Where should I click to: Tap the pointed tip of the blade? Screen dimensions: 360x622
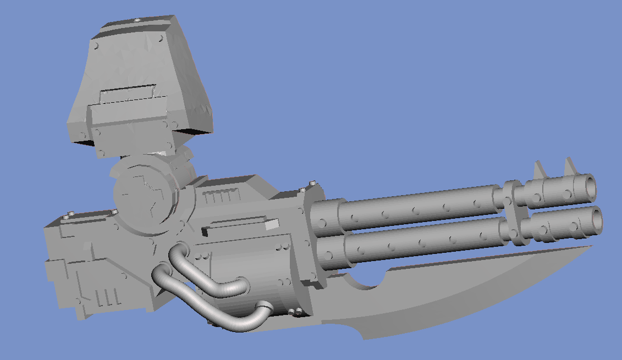click(x=593, y=247)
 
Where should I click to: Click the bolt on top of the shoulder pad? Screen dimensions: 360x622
click(x=136, y=21)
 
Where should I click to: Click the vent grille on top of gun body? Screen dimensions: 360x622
click(x=222, y=196)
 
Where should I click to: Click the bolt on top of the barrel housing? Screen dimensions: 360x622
click(x=312, y=184)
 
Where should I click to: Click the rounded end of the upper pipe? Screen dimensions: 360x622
click(x=243, y=285)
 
